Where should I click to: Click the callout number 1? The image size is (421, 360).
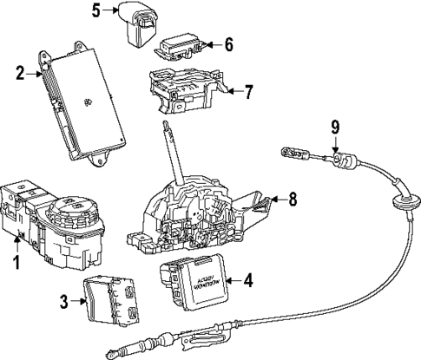[13, 260]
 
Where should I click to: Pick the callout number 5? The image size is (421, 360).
[96, 10]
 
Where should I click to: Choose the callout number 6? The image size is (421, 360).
[228, 43]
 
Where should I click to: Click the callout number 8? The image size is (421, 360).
[293, 200]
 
